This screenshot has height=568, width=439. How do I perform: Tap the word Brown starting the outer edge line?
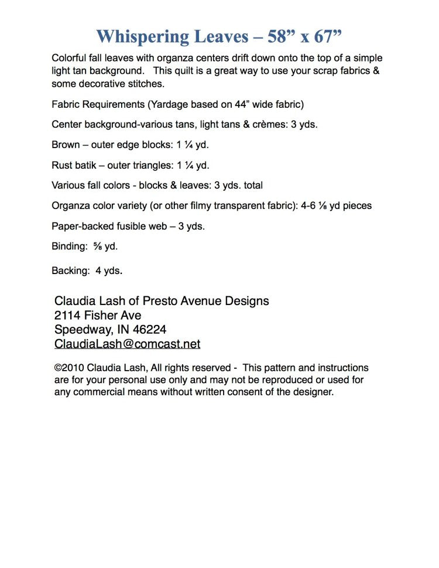66,145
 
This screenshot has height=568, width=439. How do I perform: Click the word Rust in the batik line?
62,165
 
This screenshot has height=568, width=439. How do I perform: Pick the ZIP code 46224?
150,330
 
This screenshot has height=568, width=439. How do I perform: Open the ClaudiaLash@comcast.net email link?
127,344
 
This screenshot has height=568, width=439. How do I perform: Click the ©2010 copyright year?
69,368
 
